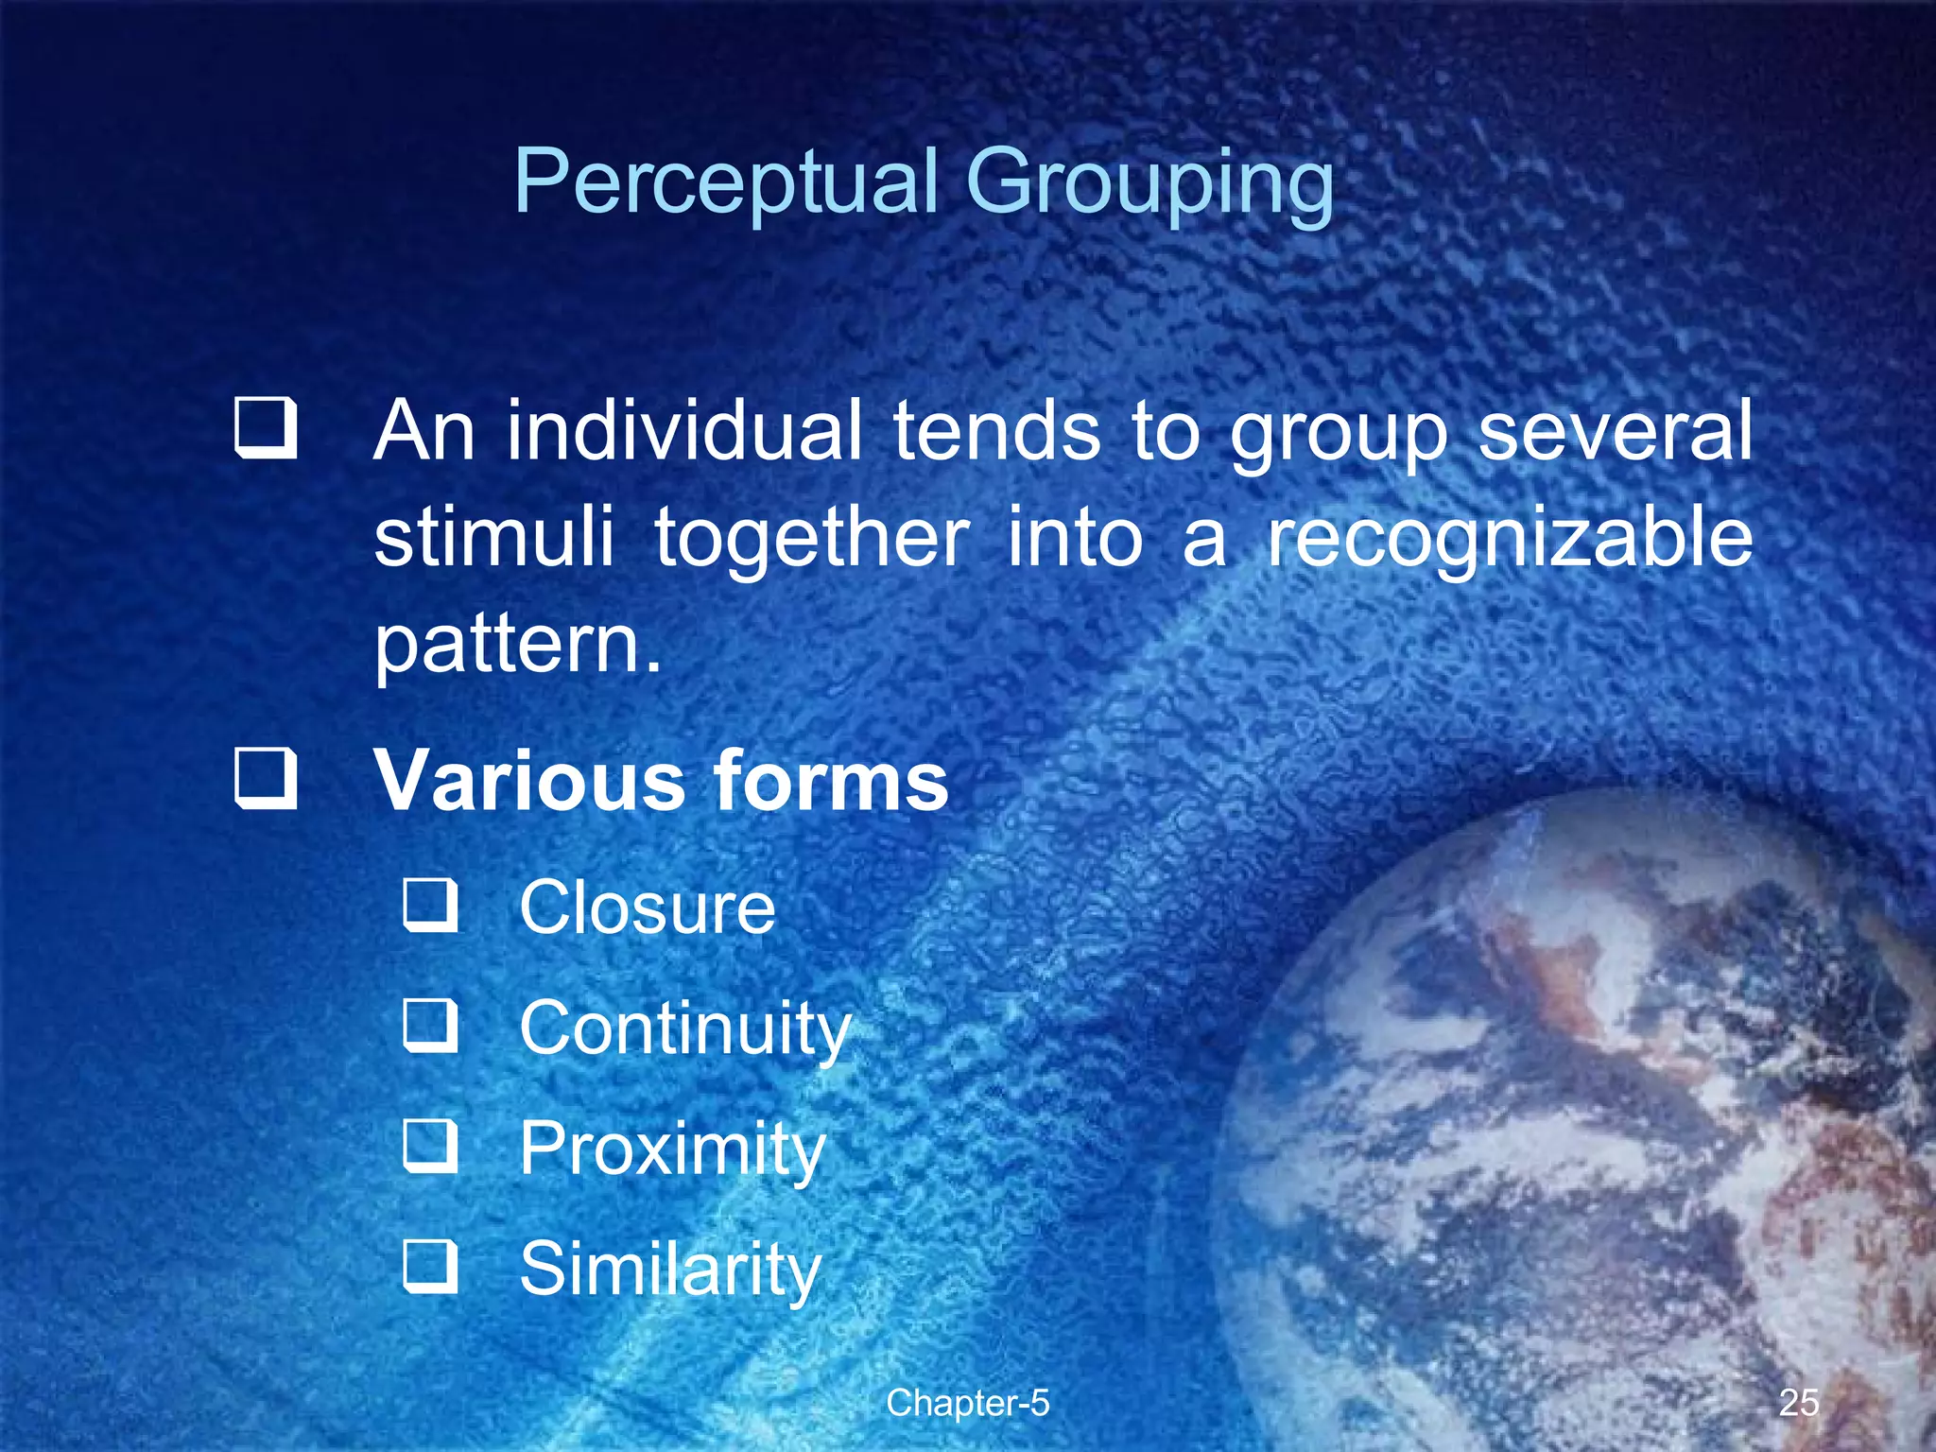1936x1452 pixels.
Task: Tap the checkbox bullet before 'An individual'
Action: click(266, 429)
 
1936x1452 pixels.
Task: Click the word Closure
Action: click(648, 907)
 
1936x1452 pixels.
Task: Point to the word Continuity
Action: click(685, 1028)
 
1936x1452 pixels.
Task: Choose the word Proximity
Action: click(672, 1149)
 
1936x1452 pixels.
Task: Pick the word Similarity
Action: click(670, 1269)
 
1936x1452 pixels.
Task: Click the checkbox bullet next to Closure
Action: click(431, 906)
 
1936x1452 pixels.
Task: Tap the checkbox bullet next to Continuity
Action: click(431, 1027)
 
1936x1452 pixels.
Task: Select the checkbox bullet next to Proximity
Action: click(431, 1147)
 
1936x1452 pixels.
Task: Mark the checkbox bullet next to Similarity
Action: click(431, 1267)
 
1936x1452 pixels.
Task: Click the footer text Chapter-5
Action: click(967, 1403)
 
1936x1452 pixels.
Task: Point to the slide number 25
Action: click(1798, 1403)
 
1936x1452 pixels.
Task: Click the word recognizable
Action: click(1510, 539)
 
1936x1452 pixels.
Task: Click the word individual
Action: click(683, 431)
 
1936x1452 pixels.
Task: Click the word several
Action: click(1615, 431)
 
